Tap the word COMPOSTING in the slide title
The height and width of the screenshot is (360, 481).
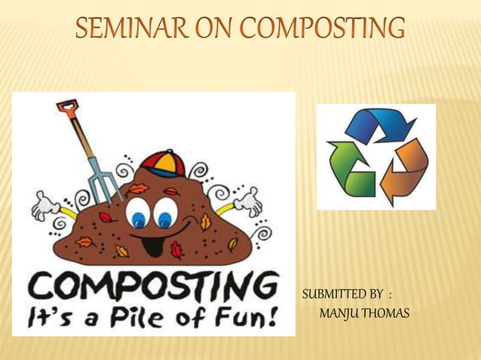[x=322, y=29]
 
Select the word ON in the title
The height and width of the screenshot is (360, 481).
[x=214, y=29]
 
